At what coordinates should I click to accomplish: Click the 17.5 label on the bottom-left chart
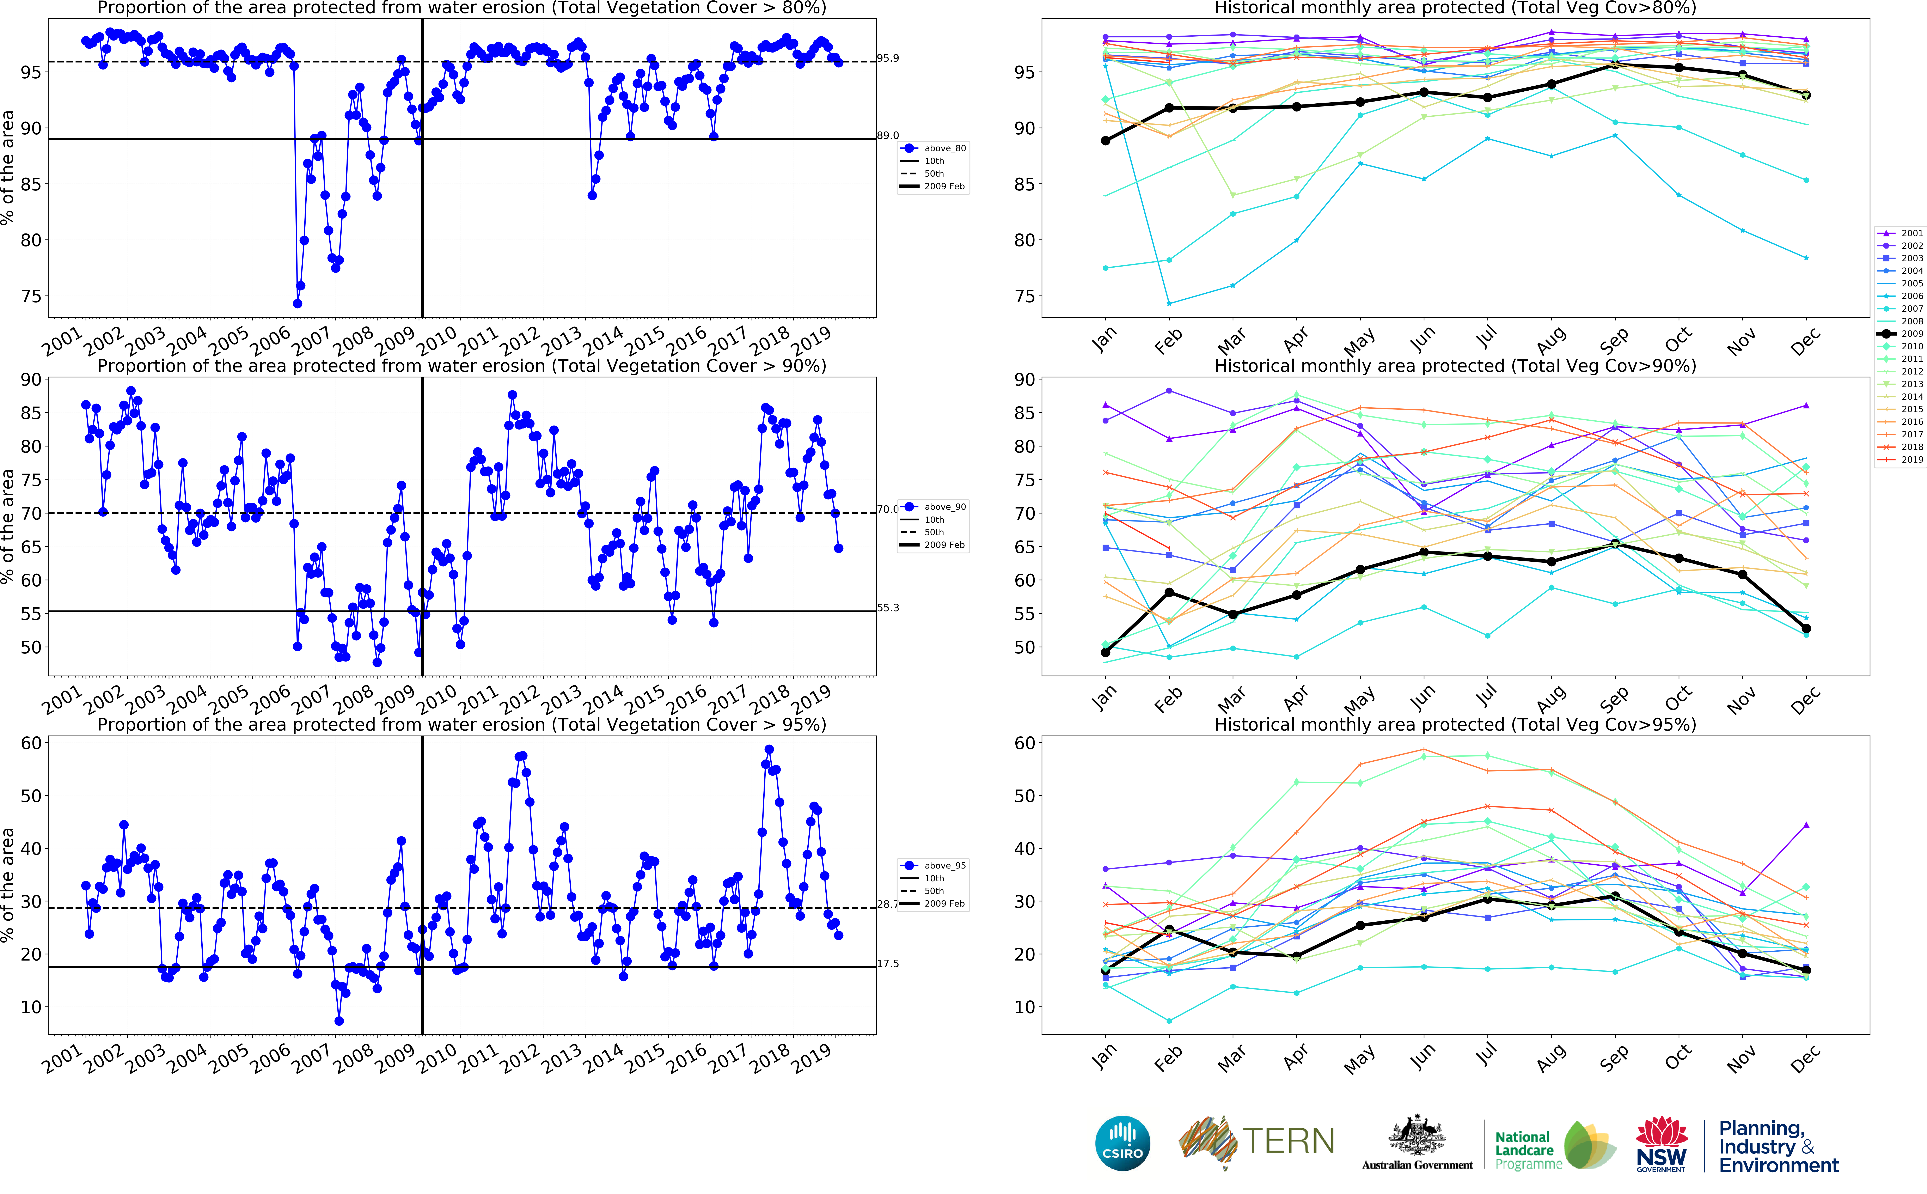coord(887,963)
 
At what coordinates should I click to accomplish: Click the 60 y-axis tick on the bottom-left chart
coord(32,743)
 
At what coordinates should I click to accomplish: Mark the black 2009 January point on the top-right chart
coord(1105,141)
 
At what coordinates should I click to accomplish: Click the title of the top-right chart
coord(1455,8)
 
